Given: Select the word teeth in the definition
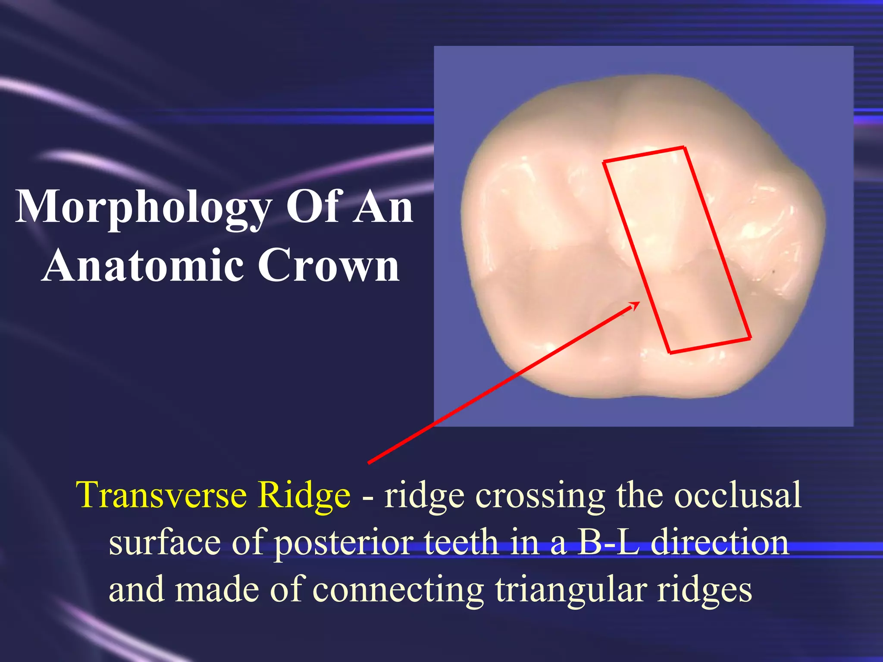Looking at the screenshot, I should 461,542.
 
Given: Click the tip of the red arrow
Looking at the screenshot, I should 639,303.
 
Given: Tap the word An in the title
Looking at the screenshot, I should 382,208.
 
